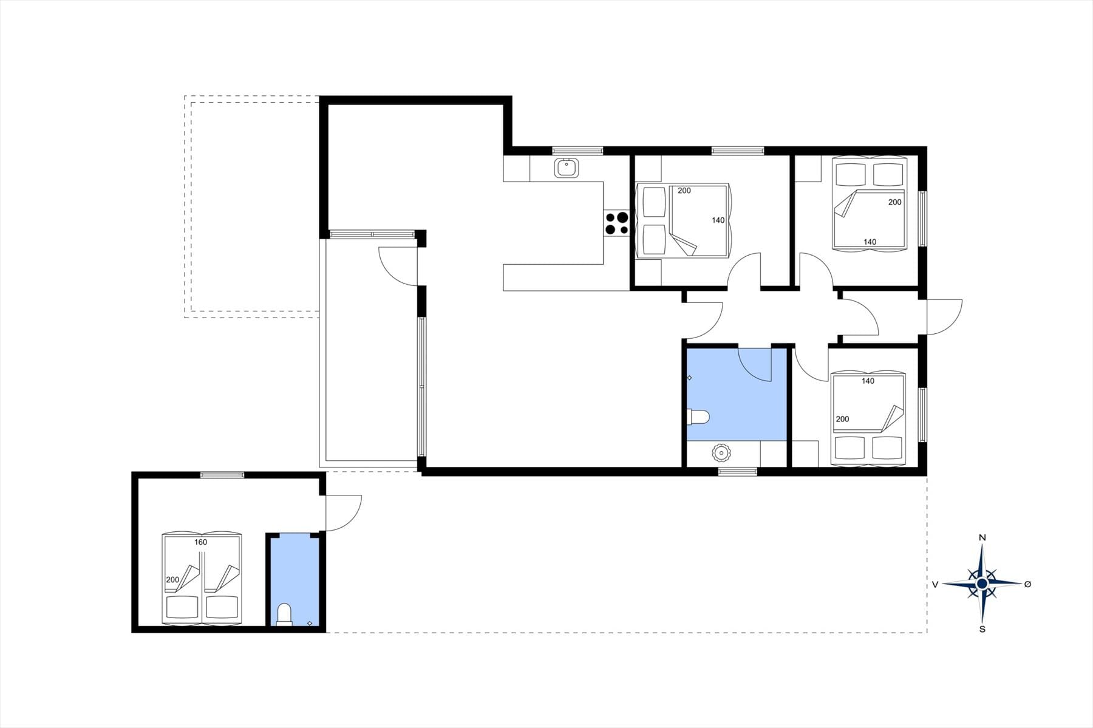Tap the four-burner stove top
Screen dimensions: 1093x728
point(616,223)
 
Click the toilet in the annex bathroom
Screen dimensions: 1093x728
point(284,614)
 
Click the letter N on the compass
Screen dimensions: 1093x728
point(982,538)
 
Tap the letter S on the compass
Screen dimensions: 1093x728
point(982,629)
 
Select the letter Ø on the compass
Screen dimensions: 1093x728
point(1027,584)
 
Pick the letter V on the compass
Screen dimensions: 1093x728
point(935,584)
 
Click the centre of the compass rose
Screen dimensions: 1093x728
point(982,583)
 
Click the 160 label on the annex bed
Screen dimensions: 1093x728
point(200,542)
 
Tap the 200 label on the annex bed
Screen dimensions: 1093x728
point(172,580)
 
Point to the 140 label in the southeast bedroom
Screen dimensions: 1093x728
point(868,381)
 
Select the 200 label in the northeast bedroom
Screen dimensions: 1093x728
point(894,202)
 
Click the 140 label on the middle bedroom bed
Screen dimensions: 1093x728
point(718,220)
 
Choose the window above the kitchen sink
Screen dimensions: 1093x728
point(577,149)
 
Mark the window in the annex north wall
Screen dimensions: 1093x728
point(222,475)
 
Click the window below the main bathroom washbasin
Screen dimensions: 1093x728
point(738,471)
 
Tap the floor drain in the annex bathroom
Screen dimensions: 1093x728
point(310,624)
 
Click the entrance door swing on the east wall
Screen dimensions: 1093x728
point(945,317)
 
